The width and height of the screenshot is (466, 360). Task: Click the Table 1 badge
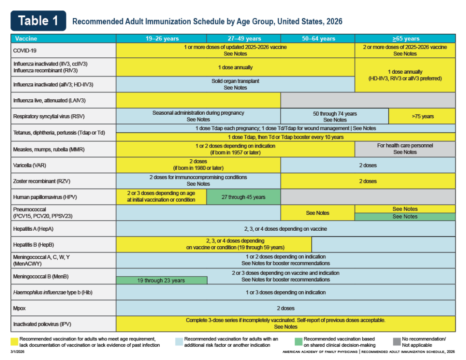coord(38,20)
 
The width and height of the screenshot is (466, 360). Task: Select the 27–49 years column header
coord(243,39)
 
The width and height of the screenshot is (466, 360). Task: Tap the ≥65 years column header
coord(405,39)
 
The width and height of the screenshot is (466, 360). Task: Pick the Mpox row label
coord(20,308)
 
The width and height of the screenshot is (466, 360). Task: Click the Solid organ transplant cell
coord(235,84)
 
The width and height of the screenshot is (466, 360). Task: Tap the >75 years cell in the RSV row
coord(422,116)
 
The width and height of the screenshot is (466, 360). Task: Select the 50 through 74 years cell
coord(334,117)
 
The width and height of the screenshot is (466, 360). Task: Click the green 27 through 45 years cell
coord(243,197)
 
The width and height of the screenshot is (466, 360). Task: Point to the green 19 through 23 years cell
coord(162,280)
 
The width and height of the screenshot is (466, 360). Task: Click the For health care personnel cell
coord(405,149)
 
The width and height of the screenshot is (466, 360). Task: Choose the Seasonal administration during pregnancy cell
coord(198,116)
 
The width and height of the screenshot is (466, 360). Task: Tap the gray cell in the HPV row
coord(368,197)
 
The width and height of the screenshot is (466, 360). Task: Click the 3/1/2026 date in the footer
coord(18,352)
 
